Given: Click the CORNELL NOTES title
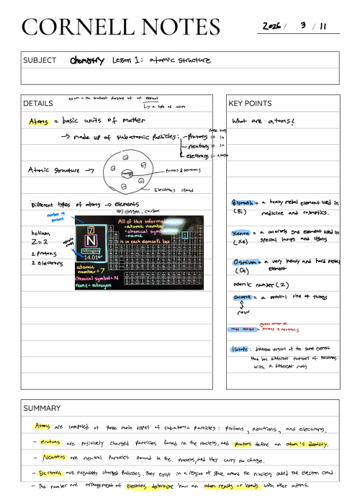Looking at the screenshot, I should coord(120,27).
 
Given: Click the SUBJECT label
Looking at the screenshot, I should coord(39,60).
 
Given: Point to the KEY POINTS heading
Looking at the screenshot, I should coord(251,103).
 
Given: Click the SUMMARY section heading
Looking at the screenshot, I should coord(42,408).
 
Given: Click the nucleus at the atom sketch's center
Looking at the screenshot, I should coord(127,173).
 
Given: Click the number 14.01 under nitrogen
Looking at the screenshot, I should coord(91,255).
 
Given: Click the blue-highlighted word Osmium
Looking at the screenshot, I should coord(244,262).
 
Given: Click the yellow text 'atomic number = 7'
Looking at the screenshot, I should coord(90,270).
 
